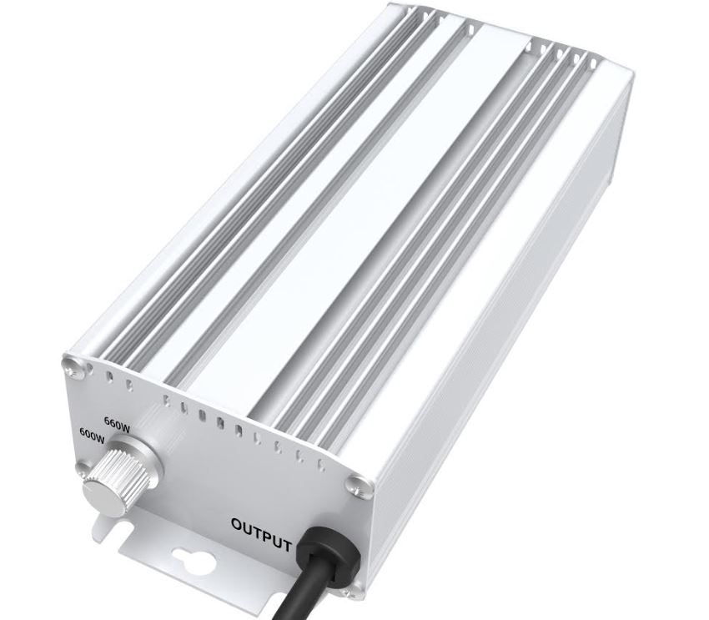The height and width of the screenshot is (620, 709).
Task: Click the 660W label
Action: pyautogui.click(x=118, y=423)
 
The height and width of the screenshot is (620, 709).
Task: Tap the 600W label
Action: pyautogui.click(x=93, y=435)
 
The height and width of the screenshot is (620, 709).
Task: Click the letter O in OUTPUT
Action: pyautogui.click(x=238, y=525)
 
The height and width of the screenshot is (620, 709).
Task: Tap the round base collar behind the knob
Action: pyautogui.click(x=136, y=456)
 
